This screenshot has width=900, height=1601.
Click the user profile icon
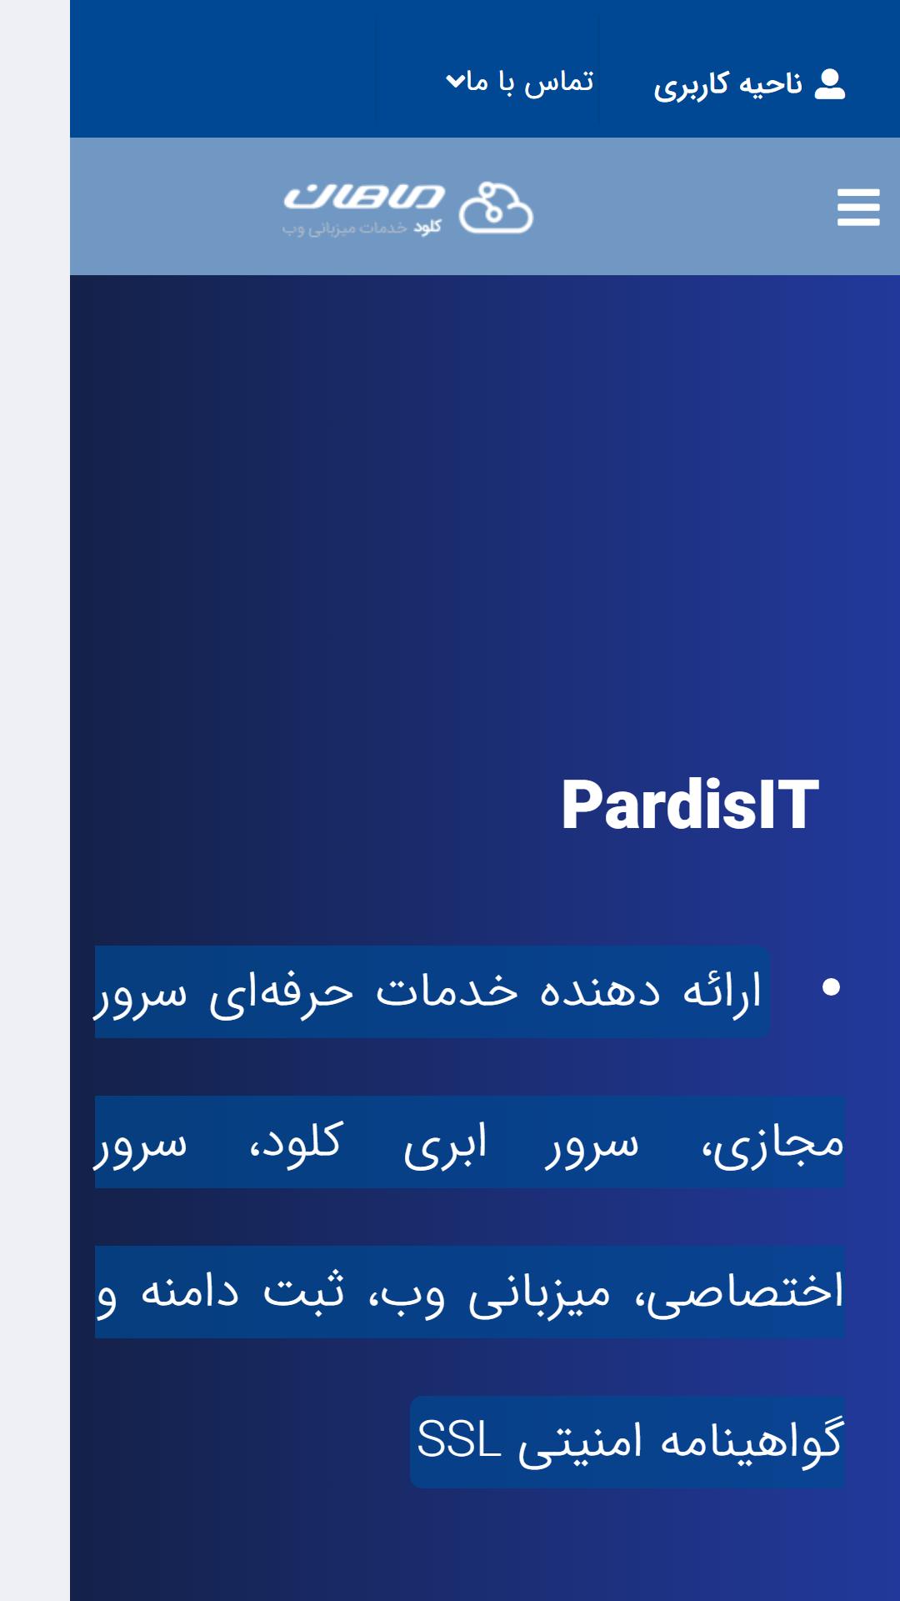pos(829,84)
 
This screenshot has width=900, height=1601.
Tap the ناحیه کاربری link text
pos(727,85)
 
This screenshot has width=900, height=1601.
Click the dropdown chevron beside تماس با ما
pos(455,81)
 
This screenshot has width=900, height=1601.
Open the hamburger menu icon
pos(858,207)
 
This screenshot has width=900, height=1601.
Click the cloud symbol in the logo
pos(496,207)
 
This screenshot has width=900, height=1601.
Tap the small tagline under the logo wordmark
pos(362,227)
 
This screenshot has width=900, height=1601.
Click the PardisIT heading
pos(690,805)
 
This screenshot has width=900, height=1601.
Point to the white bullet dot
pos(831,987)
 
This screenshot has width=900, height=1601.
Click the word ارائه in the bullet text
pos(722,991)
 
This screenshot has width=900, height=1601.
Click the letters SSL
pos(458,1440)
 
